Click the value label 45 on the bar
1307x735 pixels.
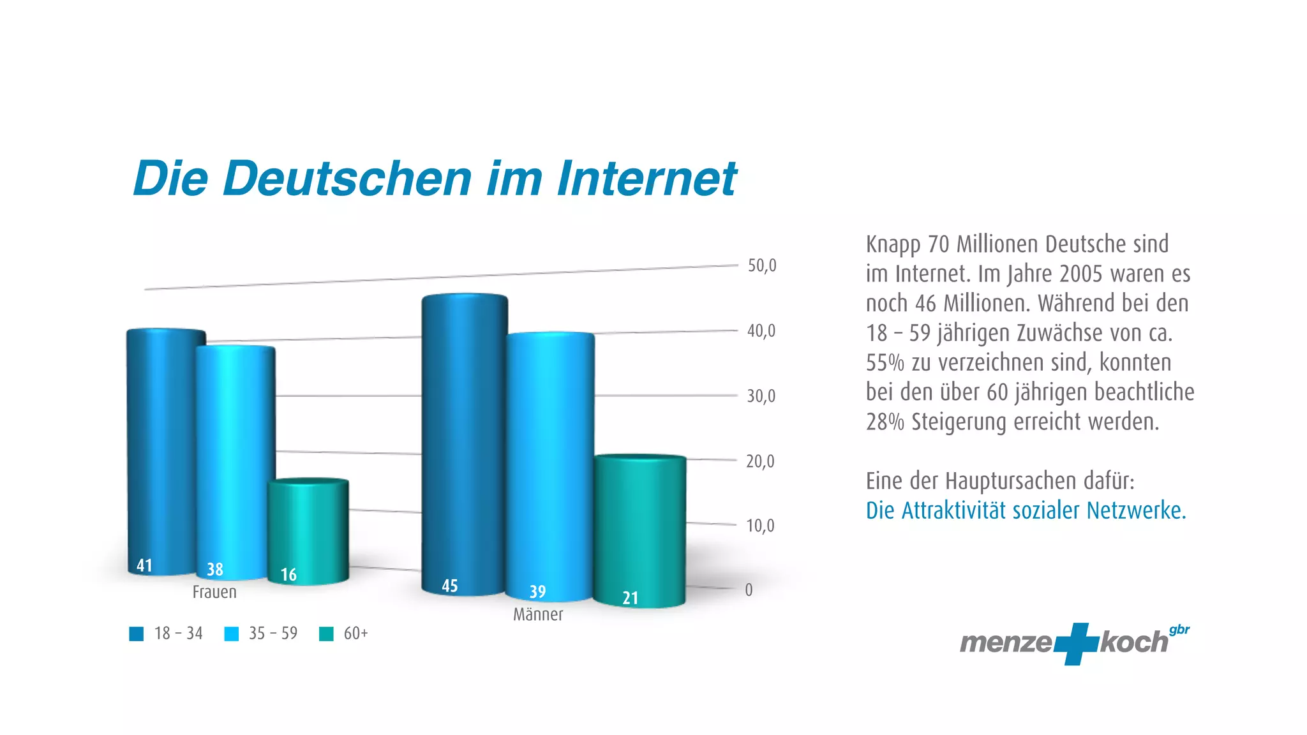pyautogui.click(x=450, y=586)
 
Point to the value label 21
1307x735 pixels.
pyautogui.click(x=631, y=598)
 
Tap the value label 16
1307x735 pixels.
pyautogui.click(x=288, y=575)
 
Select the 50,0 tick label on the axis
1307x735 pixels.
pyautogui.click(x=762, y=265)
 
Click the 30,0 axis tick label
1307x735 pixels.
pyautogui.click(x=761, y=396)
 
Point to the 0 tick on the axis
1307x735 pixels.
pyautogui.click(x=749, y=590)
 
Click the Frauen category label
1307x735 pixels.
pyautogui.click(x=214, y=592)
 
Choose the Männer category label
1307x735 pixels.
pyautogui.click(x=538, y=614)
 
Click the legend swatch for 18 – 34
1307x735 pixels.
pyautogui.click(x=137, y=634)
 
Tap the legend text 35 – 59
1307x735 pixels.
pyautogui.click(x=273, y=634)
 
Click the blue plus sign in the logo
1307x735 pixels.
pyautogui.click(x=1076, y=643)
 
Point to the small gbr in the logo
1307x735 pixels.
pyautogui.click(x=1179, y=630)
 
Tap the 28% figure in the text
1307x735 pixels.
pyautogui.click(x=885, y=422)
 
